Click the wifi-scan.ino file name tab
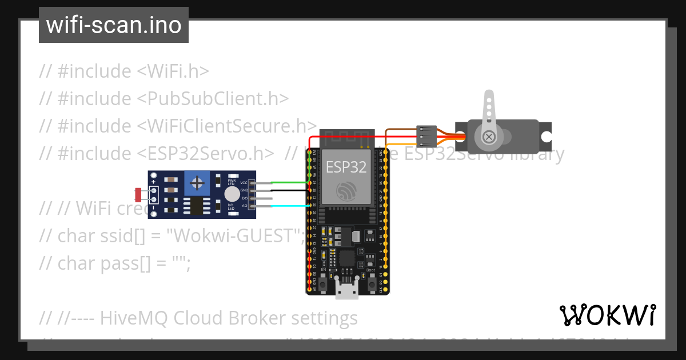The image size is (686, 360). (x=113, y=25)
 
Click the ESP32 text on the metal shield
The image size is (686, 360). (x=346, y=167)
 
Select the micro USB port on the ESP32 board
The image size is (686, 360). (x=347, y=290)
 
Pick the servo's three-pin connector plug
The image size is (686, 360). (x=426, y=136)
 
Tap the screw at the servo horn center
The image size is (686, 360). (x=489, y=137)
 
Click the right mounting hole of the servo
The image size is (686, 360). (x=547, y=137)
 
